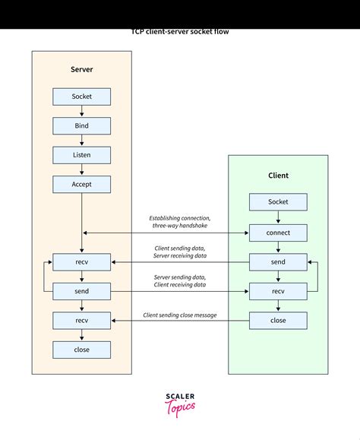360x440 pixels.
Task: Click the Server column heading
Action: [x=81, y=70]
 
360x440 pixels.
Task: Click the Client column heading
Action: [x=278, y=176]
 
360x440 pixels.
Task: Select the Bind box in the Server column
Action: [x=81, y=125]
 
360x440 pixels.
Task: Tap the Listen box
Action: [x=81, y=155]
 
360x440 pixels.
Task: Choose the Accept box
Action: [x=81, y=184]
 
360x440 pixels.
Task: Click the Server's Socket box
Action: [x=81, y=97]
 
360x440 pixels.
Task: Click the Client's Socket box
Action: [x=278, y=202]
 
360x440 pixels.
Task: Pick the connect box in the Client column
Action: [x=278, y=233]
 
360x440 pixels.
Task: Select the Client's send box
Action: [x=278, y=262]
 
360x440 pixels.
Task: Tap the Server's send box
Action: [x=81, y=291]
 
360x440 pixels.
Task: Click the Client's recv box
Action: [x=278, y=291]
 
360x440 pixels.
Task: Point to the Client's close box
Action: [x=278, y=321]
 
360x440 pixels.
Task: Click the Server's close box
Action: [x=81, y=350]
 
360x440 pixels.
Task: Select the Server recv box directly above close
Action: [x=81, y=321]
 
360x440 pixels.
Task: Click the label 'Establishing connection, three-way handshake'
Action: [x=179, y=221]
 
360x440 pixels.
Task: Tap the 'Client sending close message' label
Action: [x=179, y=315]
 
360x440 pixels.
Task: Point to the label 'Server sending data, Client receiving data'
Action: [x=179, y=280]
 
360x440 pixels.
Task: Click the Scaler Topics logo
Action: [x=180, y=404]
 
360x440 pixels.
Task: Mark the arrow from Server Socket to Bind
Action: [x=81, y=111]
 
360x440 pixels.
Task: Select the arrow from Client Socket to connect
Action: [x=278, y=217]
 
